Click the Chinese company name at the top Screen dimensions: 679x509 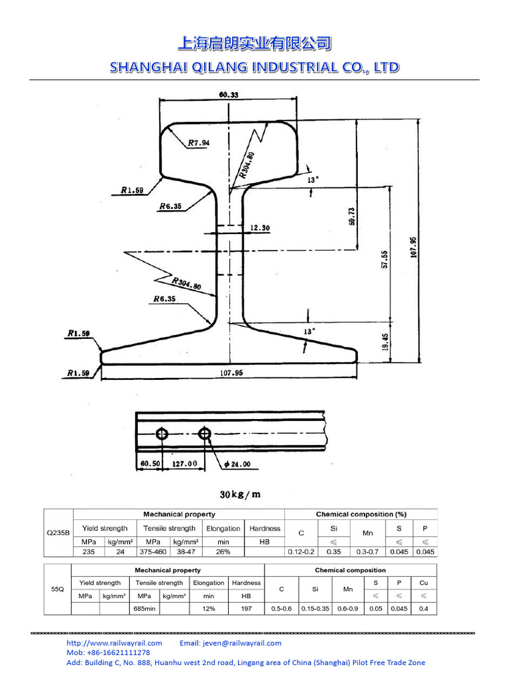[x=254, y=44]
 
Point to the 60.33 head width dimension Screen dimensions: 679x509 [x=229, y=95]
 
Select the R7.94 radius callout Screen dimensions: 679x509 [x=198, y=143]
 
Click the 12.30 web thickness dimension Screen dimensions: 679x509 [x=260, y=228]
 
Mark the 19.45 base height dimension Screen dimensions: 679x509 [x=386, y=342]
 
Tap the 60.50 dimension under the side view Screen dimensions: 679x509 [x=150, y=464]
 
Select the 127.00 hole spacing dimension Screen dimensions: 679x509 [x=184, y=464]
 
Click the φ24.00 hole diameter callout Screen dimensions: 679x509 [x=237, y=464]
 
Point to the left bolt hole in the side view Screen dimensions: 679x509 [x=162, y=434]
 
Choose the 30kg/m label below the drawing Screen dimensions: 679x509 [x=240, y=494]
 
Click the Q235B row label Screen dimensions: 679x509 [x=58, y=533]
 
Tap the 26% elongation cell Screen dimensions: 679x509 [x=223, y=552]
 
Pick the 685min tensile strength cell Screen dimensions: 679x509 [x=144, y=609]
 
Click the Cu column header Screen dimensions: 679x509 [x=424, y=583]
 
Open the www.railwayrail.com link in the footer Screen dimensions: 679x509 [x=114, y=643]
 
